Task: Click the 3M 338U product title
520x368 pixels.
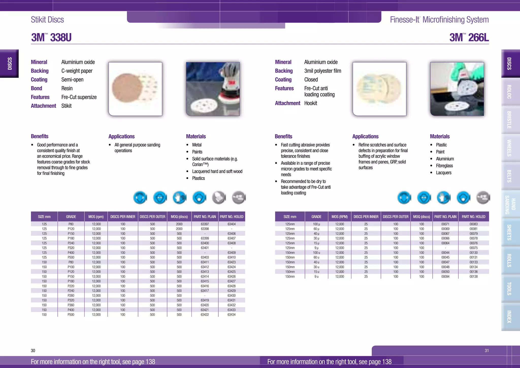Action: point(51,38)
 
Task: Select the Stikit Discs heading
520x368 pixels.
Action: point(47,20)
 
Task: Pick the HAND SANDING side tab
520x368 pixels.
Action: point(510,205)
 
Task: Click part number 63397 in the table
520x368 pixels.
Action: point(205,224)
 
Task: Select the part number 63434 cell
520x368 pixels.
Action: point(231,315)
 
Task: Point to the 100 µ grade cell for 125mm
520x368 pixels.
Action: point(316,224)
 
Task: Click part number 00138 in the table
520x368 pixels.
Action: point(473,277)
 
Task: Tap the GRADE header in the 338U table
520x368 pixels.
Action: point(71,217)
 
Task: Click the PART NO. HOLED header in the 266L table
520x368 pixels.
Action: point(473,217)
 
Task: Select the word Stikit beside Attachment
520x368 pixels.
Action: point(67,106)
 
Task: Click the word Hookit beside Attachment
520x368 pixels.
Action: point(311,103)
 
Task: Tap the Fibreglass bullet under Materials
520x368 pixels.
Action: point(444,166)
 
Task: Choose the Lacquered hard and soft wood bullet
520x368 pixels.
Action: point(217,172)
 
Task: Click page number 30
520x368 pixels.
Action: point(33,350)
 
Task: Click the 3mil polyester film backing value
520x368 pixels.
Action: point(322,71)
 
